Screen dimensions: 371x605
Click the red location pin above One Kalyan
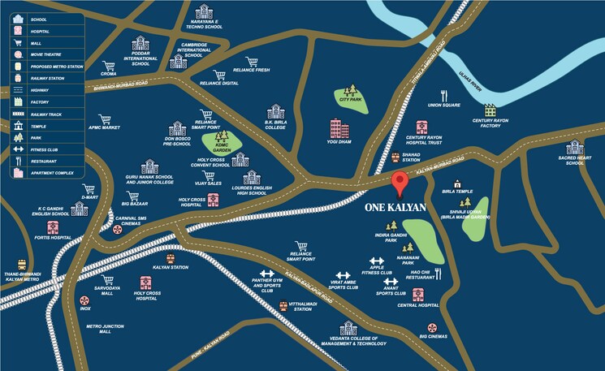pyautogui.click(x=399, y=183)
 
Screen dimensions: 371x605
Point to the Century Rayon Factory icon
pyautogui.click(x=490, y=110)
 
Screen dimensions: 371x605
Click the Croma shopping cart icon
pyautogui.click(x=107, y=65)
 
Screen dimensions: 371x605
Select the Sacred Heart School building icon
pyautogui.click(x=574, y=147)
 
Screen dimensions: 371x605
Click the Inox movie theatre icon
pyautogui.click(x=84, y=299)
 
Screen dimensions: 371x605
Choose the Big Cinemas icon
pyautogui.click(x=433, y=326)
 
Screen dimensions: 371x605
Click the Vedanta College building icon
pyautogui.click(x=348, y=328)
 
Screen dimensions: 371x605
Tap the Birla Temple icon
pyautogui.click(x=457, y=184)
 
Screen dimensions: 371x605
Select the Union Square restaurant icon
pyautogui.click(x=444, y=95)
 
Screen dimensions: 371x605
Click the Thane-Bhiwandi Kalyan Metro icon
pyautogui.click(x=20, y=265)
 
